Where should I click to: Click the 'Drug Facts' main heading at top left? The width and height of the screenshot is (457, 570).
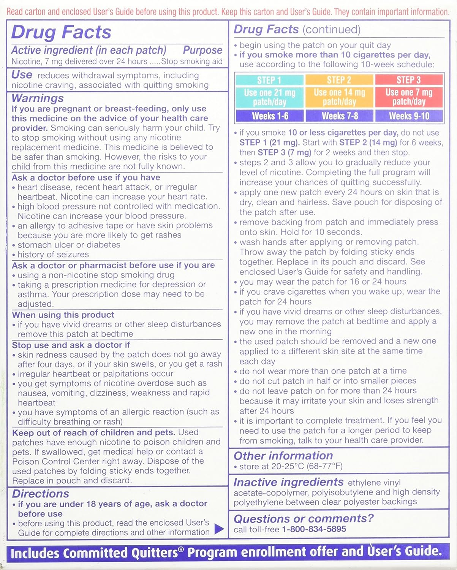(x=61, y=32)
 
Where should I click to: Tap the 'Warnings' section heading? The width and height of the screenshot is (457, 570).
(x=38, y=98)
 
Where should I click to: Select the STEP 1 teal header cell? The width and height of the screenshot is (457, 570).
(x=269, y=80)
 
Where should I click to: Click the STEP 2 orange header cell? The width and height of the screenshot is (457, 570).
(x=339, y=80)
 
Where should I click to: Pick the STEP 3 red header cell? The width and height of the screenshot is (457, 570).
(x=409, y=80)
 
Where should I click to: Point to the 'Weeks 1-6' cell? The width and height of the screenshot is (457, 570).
(x=270, y=116)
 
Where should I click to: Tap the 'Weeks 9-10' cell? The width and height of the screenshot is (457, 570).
(x=409, y=116)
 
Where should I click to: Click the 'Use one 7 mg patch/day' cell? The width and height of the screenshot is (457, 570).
(x=409, y=97)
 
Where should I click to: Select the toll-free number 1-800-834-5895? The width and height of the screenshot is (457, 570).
(x=314, y=529)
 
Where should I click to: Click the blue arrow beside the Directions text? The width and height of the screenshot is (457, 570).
(x=219, y=529)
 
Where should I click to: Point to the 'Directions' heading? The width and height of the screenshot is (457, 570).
(x=41, y=494)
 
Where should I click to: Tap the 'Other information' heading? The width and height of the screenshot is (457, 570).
(x=283, y=456)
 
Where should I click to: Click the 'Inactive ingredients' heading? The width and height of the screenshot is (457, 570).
(x=288, y=482)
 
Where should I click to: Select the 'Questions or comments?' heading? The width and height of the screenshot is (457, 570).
(x=304, y=518)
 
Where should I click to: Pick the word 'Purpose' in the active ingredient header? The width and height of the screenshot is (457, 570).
(x=202, y=50)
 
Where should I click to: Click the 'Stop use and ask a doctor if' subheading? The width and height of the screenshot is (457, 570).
(x=71, y=345)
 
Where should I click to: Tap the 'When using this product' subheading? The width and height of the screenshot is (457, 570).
(x=63, y=315)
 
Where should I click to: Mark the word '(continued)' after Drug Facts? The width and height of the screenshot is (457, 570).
(x=332, y=30)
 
